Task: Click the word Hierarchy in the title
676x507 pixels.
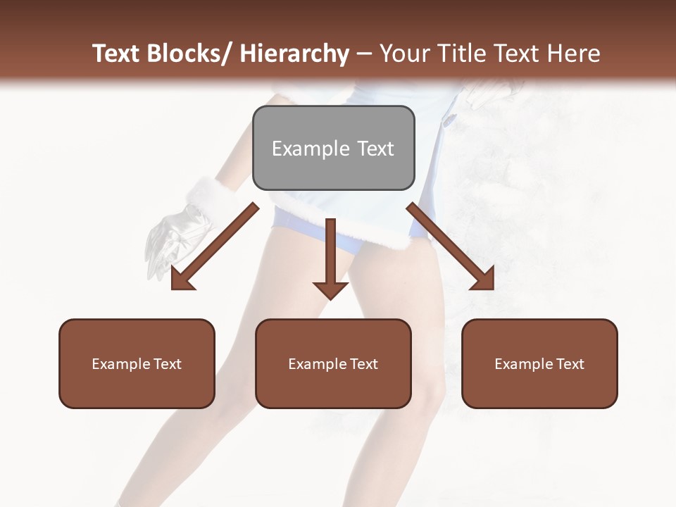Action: (x=294, y=54)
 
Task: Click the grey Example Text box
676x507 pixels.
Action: (x=333, y=148)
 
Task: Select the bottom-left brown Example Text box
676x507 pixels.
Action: (x=137, y=363)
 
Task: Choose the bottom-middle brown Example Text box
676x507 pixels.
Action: (x=333, y=363)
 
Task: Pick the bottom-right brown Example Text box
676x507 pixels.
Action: (x=539, y=363)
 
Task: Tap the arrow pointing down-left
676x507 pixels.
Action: (x=215, y=246)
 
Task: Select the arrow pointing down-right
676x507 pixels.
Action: (x=451, y=246)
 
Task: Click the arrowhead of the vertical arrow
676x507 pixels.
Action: (x=330, y=289)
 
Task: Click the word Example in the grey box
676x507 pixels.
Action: (x=301, y=149)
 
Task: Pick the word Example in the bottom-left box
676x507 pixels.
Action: (x=121, y=364)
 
